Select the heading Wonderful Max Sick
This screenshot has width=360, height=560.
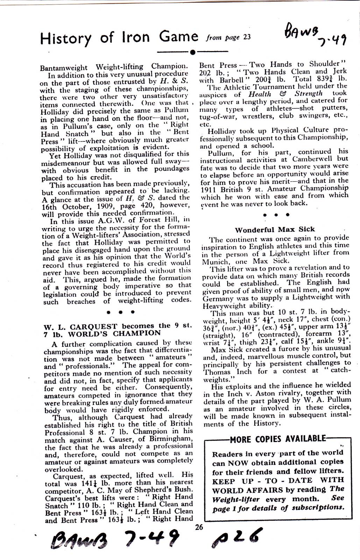point(275,230)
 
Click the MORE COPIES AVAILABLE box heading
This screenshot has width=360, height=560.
point(278,439)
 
